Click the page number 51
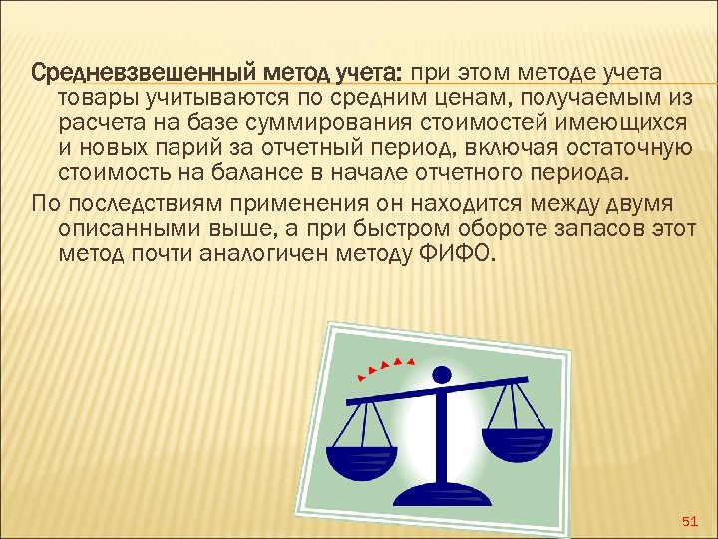(687, 521)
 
